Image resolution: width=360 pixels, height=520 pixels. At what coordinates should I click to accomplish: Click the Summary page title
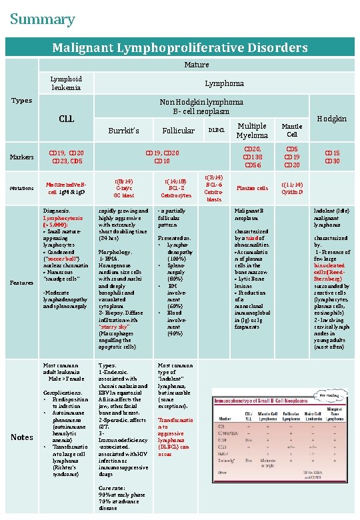pos(42,20)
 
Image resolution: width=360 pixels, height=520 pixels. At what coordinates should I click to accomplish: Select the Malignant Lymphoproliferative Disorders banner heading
pos(180,47)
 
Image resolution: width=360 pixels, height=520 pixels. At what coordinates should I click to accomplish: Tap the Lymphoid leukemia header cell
pos(66,83)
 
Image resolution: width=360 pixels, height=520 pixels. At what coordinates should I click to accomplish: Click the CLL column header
pos(66,119)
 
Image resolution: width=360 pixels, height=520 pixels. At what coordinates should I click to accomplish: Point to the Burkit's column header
pos(124,131)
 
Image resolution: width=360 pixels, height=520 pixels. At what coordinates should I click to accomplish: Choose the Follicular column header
pos(178,131)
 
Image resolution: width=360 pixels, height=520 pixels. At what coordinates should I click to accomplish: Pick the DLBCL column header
pos(215,131)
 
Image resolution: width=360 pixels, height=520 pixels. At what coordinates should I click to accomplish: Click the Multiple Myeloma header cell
pos(252,131)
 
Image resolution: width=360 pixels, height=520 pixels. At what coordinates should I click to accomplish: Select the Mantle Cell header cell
pos(292,129)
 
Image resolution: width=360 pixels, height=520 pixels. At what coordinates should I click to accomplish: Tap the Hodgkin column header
pos(331,119)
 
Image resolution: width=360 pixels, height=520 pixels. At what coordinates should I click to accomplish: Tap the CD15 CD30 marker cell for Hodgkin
pos(331,157)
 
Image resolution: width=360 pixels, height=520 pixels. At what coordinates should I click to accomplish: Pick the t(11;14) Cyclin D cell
pos(292,188)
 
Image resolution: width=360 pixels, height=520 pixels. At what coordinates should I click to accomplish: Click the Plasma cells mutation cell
pos(252,188)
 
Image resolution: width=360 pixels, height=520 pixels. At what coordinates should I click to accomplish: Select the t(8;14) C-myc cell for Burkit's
pos(124,188)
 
